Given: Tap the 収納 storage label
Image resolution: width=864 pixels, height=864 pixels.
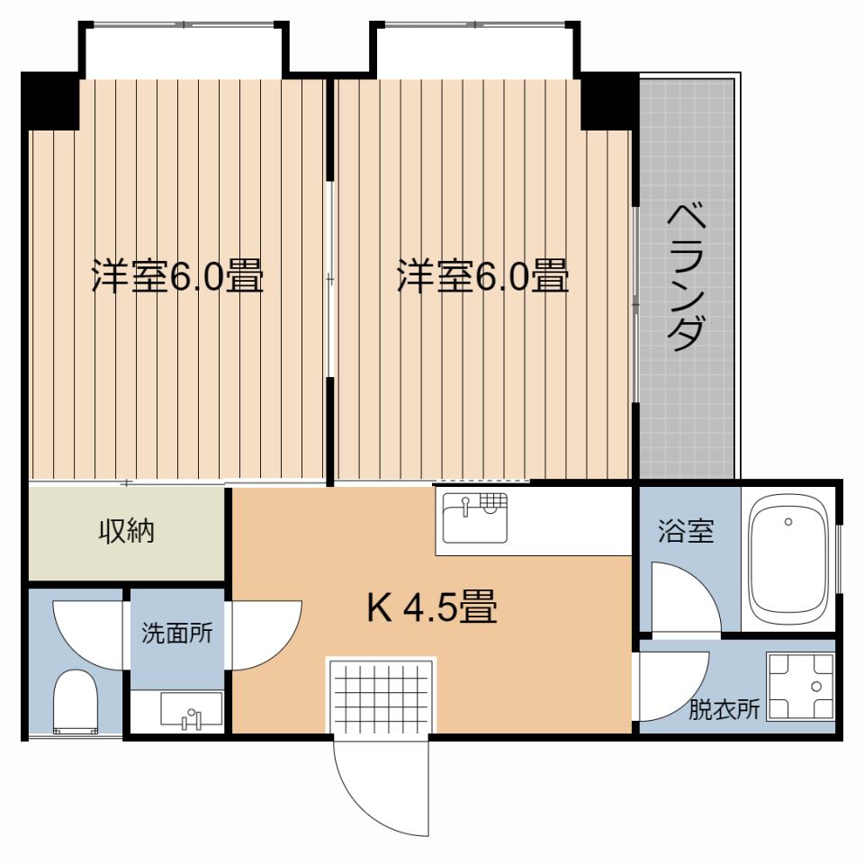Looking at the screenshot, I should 126,532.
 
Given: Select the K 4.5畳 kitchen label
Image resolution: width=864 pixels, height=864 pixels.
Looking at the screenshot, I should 432,609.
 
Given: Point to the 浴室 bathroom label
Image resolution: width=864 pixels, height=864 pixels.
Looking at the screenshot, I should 686,532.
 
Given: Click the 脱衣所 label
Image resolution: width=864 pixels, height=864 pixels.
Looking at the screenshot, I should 724,710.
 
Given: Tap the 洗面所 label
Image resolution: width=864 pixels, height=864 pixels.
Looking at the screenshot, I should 176,633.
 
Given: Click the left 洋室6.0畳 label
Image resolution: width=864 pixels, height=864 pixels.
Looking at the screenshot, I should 177,276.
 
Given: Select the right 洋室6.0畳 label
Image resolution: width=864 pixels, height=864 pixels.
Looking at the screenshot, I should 483,276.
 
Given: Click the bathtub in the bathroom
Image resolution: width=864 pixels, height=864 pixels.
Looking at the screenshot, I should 789,562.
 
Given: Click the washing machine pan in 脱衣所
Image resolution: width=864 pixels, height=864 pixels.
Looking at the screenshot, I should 799,686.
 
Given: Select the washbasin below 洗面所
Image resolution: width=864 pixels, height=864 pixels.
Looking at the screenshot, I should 191,709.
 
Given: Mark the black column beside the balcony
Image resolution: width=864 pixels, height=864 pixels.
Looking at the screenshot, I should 609,101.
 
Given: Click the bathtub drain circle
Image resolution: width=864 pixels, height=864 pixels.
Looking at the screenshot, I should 788,522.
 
